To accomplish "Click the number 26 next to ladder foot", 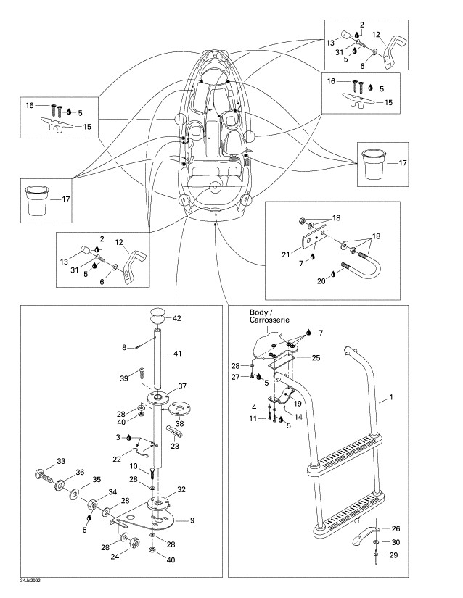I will click(396, 528).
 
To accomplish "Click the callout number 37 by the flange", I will click(183, 386).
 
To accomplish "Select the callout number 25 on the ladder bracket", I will click(316, 358).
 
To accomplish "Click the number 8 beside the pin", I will click(125, 347).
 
